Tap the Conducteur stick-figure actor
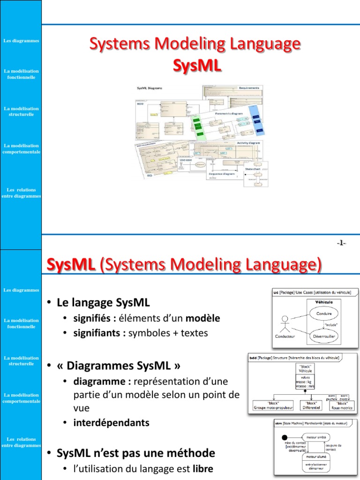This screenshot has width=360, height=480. click(x=284, y=324)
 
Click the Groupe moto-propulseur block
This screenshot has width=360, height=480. click(x=273, y=405)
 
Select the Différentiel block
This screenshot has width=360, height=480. click(x=311, y=405)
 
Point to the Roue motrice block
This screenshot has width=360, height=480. click(x=342, y=405)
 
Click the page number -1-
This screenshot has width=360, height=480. click(x=341, y=242)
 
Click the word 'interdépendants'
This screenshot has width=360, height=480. click(x=112, y=422)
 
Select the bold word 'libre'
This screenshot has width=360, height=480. click(x=203, y=468)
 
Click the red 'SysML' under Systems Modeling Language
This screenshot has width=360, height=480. click(x=196, y=66)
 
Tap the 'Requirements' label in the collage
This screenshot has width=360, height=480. click(x=249, y=88)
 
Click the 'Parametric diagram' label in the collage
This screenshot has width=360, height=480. click(x=230, y=113)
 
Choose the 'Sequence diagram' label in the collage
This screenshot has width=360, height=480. click(x=222, y=173)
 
